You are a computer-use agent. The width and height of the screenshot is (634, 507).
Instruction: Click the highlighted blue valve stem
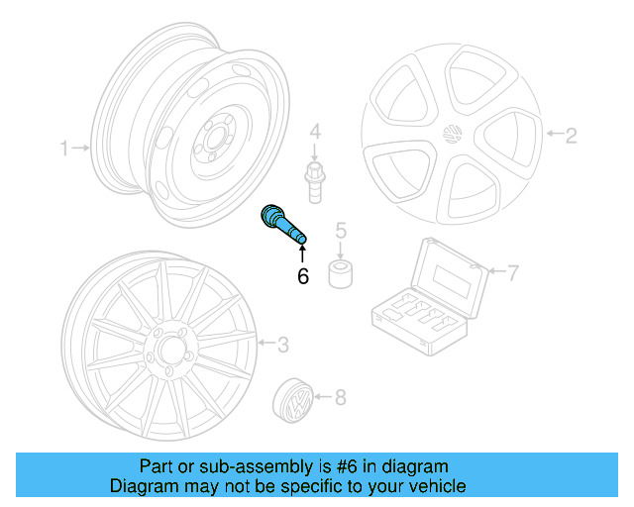[x=281, y=225]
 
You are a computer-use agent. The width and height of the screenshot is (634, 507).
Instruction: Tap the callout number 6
[x=303, y=276]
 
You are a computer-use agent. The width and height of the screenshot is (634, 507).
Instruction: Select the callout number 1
[x=64, y=149]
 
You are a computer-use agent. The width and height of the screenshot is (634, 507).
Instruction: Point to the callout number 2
[x=571, y=135]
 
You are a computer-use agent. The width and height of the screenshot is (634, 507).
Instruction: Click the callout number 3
[x=282, y=345]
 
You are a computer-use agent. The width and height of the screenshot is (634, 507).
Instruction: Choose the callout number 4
[x=314, y=131]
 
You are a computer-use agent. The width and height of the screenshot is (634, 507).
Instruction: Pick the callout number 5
[x=340, y=232]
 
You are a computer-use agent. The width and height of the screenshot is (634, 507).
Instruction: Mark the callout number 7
[x=512, y=272]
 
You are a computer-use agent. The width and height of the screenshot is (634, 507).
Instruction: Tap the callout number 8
[x=340, y=398]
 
